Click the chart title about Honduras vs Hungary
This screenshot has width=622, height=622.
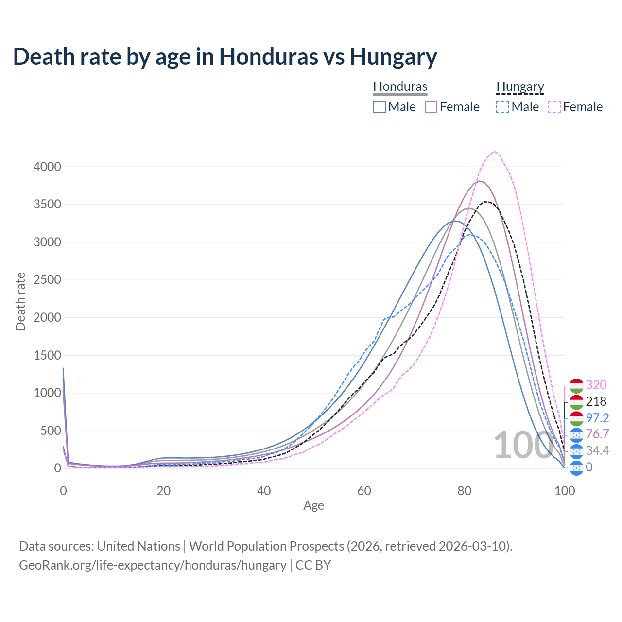(225, 56)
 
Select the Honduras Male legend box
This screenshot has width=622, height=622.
(380, 107)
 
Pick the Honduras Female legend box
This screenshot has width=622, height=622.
(432, 107)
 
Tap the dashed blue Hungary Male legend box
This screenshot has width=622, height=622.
(502, 107)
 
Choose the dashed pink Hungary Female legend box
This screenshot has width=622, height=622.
(554, 107)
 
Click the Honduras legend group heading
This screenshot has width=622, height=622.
(400, 86)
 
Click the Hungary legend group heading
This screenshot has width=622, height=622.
(520, 86)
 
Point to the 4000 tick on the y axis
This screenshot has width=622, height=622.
(47, 167)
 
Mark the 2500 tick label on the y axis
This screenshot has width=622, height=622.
(47, 280)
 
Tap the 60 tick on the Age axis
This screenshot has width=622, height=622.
(364, 491)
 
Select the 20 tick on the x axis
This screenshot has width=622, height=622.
(164, 491)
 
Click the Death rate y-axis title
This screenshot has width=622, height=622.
(20, 301)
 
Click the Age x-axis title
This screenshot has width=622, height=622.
(313, 505)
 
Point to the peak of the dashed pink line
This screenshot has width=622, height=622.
(494, 152)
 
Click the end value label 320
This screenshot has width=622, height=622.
(596, 385)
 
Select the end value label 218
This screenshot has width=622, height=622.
(596, 401)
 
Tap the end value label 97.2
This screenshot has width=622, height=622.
(597, 418)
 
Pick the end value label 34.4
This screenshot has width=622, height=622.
(597, 450)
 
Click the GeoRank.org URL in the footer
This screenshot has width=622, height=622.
(153, 565)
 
